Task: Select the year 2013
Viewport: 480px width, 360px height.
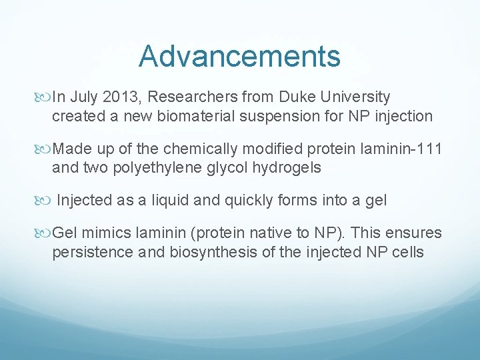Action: pos(120,98)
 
